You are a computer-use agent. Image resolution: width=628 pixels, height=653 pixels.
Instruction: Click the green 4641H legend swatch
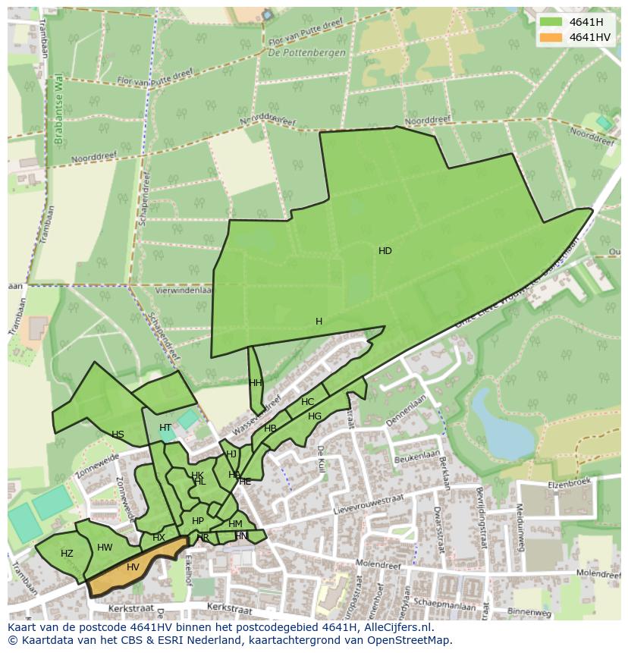551,22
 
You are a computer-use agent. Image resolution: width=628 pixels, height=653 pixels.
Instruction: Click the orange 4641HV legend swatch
551,37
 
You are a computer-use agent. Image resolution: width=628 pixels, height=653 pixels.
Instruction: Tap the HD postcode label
385,251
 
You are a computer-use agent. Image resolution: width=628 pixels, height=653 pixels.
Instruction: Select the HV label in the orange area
133,567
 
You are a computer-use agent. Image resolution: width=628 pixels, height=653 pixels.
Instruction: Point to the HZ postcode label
67,554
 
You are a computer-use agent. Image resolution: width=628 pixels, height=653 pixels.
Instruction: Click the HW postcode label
105,548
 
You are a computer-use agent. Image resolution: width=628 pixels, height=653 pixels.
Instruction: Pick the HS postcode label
118,435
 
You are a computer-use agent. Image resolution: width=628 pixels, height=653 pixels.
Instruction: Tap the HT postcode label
165,428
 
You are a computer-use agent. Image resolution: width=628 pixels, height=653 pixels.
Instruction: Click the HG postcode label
315,416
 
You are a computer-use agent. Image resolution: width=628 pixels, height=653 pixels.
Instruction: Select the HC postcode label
307,402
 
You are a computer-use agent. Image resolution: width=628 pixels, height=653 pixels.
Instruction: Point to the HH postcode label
255,383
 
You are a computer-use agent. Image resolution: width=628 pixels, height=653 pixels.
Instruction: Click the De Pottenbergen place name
306,53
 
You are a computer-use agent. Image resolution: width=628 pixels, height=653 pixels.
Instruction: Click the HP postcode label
198,521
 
